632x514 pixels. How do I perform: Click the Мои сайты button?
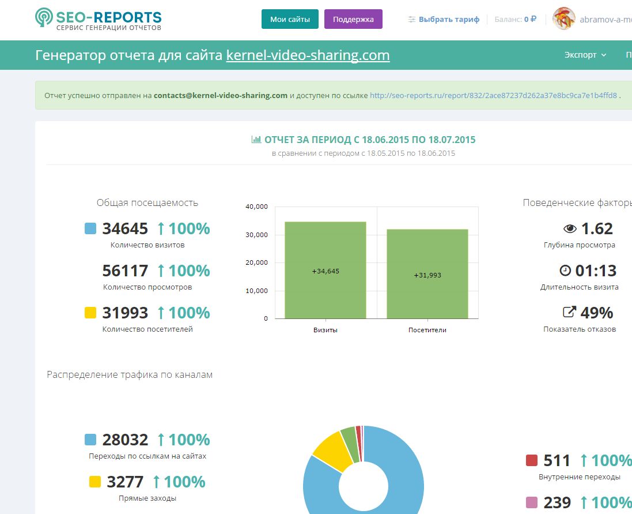(x=290, y=20)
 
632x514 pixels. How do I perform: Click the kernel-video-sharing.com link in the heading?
(x=308, y=55)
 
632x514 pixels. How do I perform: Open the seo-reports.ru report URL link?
(x=493, y=96)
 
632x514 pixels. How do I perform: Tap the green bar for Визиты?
(x=326, y=271)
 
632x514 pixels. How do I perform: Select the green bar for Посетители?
(x=427, y=274)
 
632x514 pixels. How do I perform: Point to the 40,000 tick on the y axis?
(x=256, y=207)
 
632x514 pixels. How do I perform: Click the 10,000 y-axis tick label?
(x=256, y=291)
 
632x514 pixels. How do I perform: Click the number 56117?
(x=126, y=271)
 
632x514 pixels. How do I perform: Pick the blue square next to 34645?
(x=90, y=228)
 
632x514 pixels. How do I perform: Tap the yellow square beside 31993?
(x=90, y=313)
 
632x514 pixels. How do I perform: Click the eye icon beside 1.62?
(x=570, y=229)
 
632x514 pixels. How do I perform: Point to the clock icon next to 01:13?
(x=565, y=271)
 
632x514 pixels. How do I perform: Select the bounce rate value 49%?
(x=596, y=313)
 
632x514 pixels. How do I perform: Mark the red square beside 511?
(x=532, y=460)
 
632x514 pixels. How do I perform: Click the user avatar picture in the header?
(x=563, y=19)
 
